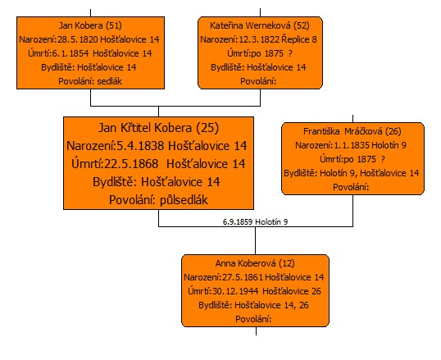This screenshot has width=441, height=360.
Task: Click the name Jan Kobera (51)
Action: [90, 25]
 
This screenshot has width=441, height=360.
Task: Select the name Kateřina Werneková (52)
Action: [260, 25]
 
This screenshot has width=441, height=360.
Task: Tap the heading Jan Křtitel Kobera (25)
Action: [158, 128]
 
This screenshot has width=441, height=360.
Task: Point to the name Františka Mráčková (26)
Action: [352, 131]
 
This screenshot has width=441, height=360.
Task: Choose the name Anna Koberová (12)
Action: [255, 263]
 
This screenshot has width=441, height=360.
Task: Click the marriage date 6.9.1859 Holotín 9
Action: [255, 221]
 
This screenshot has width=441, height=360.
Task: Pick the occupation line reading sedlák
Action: [90, 81]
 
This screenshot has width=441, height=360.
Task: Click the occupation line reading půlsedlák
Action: [158, 200]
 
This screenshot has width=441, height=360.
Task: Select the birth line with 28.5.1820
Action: [89, 39]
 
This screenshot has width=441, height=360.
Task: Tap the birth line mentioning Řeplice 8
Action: [258, 39]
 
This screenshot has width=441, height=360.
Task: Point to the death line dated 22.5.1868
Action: [158, 164]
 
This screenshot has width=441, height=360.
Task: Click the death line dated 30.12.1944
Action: [255, 291]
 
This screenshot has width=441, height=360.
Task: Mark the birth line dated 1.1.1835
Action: [351, 145]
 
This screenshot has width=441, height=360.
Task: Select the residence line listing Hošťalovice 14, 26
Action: [253, 305]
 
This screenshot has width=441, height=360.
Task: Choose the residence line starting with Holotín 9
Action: [352, 173]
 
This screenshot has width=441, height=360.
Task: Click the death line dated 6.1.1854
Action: [90, 53]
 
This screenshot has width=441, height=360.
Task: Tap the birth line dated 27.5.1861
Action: [254, 277]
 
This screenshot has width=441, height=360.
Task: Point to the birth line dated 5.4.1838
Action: [157, 146]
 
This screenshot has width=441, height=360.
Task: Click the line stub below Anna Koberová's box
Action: [256, 331]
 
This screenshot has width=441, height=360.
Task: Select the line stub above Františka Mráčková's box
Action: [352, 119]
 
